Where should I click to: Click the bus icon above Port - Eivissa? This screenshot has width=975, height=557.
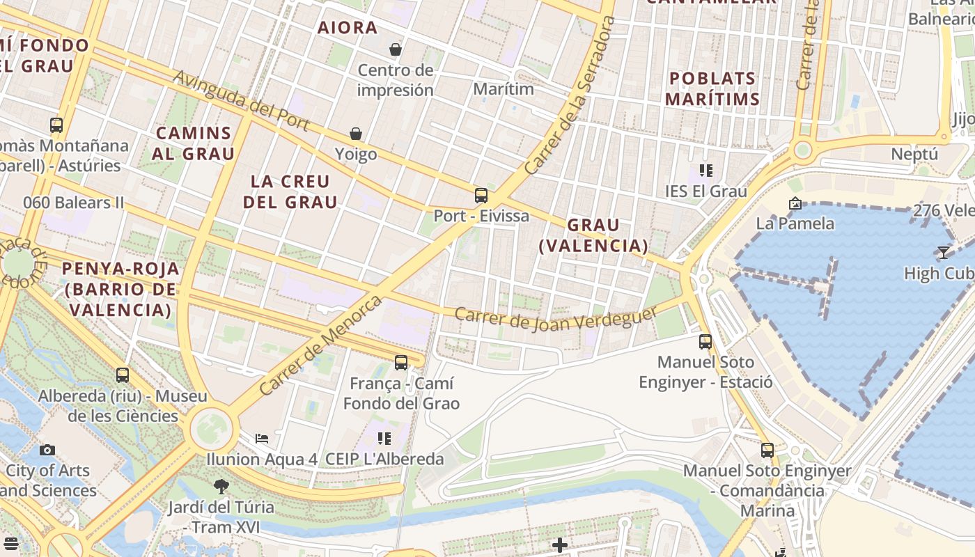(481, 195)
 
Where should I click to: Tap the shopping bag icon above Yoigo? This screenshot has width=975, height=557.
(356, 133)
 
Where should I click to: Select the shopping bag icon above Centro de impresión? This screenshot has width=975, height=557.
(396, 49)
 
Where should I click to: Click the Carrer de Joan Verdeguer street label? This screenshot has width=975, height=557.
(555, 317)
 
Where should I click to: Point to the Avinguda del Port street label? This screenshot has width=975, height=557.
(240, 100)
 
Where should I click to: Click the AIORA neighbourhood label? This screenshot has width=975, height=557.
(348, 28)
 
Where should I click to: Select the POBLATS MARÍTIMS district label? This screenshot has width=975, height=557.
(712, 88)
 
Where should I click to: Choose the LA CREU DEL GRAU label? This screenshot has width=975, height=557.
(294, 191)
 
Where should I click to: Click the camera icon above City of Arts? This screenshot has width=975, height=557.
(47, 450)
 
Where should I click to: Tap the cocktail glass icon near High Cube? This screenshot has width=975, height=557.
(943, 253)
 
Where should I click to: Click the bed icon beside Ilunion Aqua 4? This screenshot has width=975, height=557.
(262, 439)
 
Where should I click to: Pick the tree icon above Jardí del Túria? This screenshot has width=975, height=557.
(221, 486)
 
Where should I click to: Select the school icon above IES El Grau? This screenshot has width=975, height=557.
(706, 171)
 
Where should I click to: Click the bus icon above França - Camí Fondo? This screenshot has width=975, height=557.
(401, 363)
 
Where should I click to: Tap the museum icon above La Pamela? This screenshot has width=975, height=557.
(795, 203)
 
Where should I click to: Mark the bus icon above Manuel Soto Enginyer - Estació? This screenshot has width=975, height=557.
(705, 342)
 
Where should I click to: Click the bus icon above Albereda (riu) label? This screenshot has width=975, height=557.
(123, 375)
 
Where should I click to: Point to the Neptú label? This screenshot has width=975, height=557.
(914, 154)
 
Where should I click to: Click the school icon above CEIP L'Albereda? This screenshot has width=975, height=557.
(384, 439)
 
